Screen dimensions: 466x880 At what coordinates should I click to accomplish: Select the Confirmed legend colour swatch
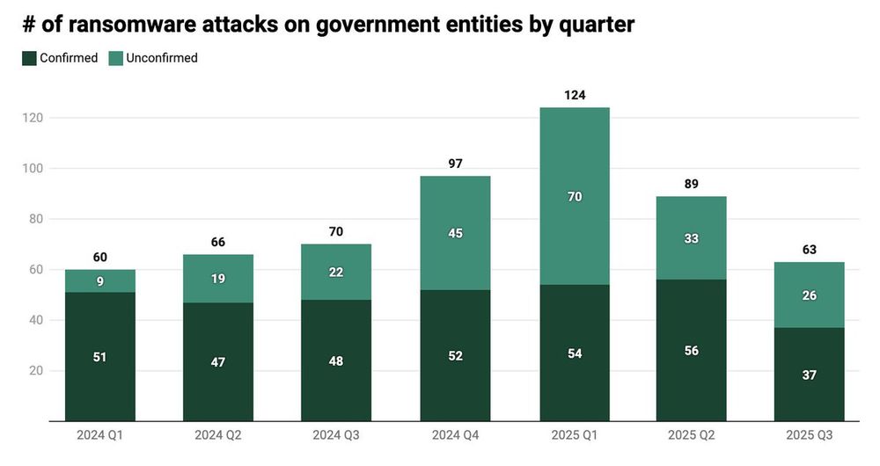point(28,58)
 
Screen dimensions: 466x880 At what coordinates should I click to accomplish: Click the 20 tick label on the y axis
point(36,371)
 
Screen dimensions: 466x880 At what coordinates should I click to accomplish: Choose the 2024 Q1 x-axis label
point(100,435)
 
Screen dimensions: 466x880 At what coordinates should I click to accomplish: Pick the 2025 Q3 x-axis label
point(810,435)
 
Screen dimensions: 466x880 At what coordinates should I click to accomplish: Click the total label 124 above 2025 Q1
point(574,95)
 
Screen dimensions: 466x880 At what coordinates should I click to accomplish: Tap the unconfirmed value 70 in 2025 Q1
point(574,197)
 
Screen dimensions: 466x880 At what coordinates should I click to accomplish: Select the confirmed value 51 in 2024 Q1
point(100,356)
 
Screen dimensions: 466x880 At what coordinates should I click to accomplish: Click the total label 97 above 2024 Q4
point(455,164)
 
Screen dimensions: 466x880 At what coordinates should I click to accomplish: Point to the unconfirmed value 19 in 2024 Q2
point(218,279)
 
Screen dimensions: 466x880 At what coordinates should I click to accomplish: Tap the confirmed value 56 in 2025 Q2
point(692,350)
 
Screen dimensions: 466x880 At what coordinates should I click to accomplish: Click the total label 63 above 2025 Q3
point(810,250)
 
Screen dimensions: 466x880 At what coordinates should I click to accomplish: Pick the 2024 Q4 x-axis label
point(455,435)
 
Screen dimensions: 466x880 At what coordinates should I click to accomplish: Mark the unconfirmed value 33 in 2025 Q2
point(692,238)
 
